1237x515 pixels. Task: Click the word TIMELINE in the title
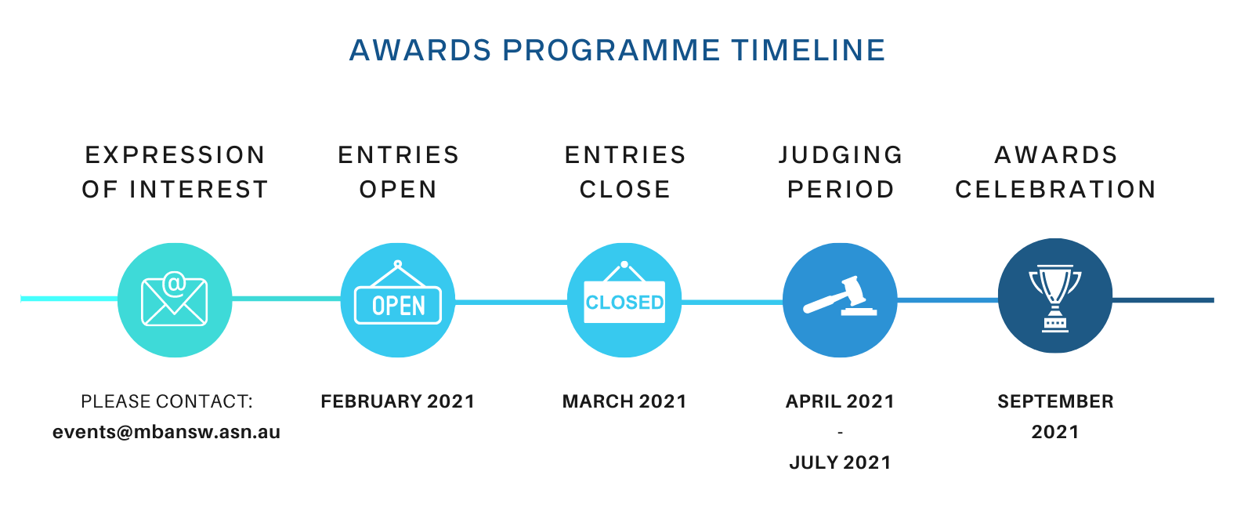[808, 50]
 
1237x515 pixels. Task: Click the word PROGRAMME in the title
[611, 50]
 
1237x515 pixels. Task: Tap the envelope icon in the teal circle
[175, 299]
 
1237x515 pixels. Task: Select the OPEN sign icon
[398, 292]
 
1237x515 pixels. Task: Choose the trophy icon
[1055, 299]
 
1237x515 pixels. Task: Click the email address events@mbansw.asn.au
[166, 432]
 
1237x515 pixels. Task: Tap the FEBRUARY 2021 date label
[398, 401]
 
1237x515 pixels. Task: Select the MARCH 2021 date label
[624, 401]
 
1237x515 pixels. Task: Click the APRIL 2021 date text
[840, 401]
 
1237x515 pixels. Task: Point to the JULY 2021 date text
[840, 462]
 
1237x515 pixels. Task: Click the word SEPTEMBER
[1055, 401]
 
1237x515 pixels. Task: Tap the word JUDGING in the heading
[841, 155]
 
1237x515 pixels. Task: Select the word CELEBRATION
[1055, 190]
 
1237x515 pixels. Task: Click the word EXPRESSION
[175, 155]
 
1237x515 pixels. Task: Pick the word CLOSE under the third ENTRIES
[624, 190]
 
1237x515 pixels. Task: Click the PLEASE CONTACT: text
[167, 401]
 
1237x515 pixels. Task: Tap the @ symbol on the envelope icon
[175, 284]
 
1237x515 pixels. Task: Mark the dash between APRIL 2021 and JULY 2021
[840, 433]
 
